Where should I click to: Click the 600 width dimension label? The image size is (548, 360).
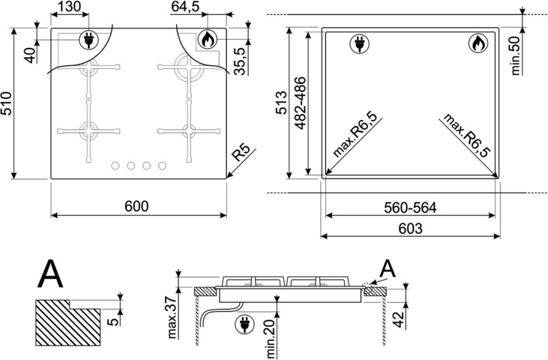point(138,206)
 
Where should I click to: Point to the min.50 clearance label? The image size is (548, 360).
point(517,54)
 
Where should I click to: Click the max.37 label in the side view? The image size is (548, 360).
point(172,316)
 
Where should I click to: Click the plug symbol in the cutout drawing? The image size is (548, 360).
point(359,44)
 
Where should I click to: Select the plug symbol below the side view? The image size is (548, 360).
point(244,325)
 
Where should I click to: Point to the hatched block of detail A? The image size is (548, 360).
point(67,320)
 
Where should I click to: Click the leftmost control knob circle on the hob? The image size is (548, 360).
point(116,166)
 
